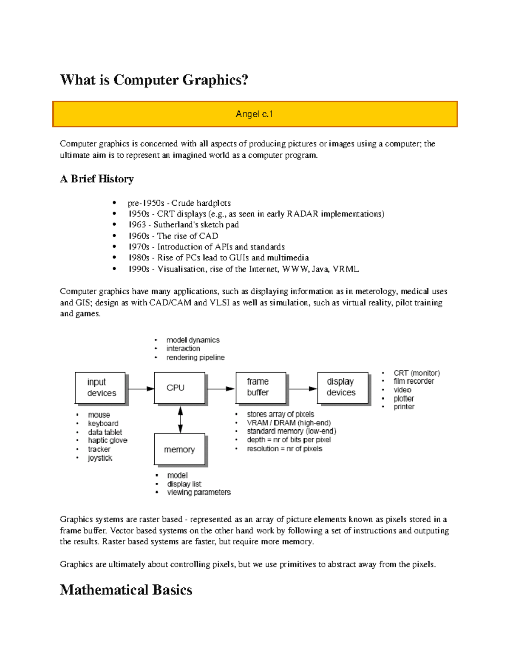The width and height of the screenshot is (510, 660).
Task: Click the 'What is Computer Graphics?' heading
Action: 154,80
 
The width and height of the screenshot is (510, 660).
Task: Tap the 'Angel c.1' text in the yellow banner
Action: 254,114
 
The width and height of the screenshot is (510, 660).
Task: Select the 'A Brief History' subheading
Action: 97,179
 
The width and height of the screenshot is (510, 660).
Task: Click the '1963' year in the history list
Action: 137,225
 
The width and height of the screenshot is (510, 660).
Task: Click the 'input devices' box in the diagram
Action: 100,388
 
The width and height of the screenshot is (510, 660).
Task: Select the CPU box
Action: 179,388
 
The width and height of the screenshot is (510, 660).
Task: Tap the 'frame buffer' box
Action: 261,388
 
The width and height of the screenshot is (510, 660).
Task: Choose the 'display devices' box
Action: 342,388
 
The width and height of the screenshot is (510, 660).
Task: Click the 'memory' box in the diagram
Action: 179,449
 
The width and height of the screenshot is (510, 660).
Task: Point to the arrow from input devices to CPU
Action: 141,388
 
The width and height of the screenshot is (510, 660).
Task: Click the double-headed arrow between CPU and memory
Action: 181,419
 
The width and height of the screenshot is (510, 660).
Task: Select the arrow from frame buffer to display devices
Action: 303,388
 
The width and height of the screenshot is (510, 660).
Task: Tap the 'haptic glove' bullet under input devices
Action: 108,441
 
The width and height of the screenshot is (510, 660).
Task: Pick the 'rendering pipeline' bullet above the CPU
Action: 195,358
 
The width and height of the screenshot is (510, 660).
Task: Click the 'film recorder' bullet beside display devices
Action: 414,381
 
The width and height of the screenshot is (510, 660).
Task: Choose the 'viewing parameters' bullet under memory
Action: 198,493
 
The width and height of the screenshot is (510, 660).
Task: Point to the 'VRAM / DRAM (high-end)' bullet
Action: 289,423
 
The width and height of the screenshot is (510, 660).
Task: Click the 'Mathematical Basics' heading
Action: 126,590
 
